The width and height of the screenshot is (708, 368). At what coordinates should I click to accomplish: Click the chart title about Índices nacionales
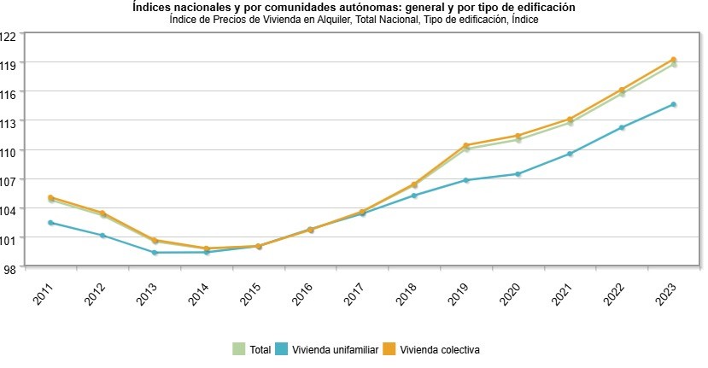(353, 7)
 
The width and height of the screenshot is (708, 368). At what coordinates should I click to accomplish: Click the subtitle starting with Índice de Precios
(353, 19)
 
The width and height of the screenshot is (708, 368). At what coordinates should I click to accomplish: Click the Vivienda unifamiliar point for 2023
(674, 105)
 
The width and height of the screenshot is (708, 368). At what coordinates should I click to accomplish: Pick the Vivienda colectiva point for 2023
(674, 60)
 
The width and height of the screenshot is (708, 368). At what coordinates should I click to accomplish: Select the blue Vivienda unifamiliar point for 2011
(51, 223)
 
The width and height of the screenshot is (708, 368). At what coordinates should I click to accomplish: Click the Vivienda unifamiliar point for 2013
(155, 253)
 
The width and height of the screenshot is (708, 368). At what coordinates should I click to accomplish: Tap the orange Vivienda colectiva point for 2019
(466, 145)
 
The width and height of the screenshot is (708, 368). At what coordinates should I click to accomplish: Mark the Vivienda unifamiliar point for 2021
(570, 154)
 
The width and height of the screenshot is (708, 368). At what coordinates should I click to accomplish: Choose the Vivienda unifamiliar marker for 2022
(622, 128)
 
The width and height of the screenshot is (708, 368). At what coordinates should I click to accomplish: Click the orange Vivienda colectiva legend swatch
(389, 349)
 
